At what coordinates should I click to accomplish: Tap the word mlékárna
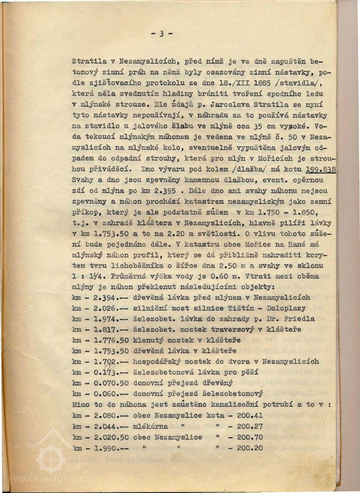coord(150,426)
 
